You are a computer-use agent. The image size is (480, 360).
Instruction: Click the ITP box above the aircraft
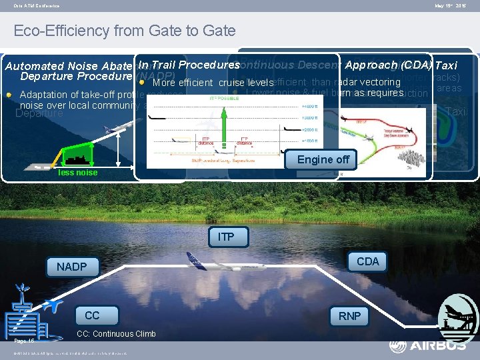coord(225,237)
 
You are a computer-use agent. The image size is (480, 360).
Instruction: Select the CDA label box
coord(367,261)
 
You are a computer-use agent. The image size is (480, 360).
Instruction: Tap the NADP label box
coord(71,267)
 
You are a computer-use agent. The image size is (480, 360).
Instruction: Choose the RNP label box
coord(349,315)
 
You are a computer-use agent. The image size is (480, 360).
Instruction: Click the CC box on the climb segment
coord(92,315)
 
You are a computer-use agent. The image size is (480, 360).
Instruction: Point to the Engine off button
coord(323,159)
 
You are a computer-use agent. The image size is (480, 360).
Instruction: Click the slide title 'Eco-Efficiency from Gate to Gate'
coord(125,31)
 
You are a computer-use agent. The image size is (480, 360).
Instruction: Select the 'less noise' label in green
coord(77,173)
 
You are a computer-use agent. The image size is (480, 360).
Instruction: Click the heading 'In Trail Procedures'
coord(189,65)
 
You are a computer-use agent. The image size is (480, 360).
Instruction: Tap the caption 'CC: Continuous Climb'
coord(116,334)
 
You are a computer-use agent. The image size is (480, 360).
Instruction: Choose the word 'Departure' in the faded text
coord(39,113)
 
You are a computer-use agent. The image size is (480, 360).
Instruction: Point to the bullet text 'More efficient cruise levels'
coord(213,83)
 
